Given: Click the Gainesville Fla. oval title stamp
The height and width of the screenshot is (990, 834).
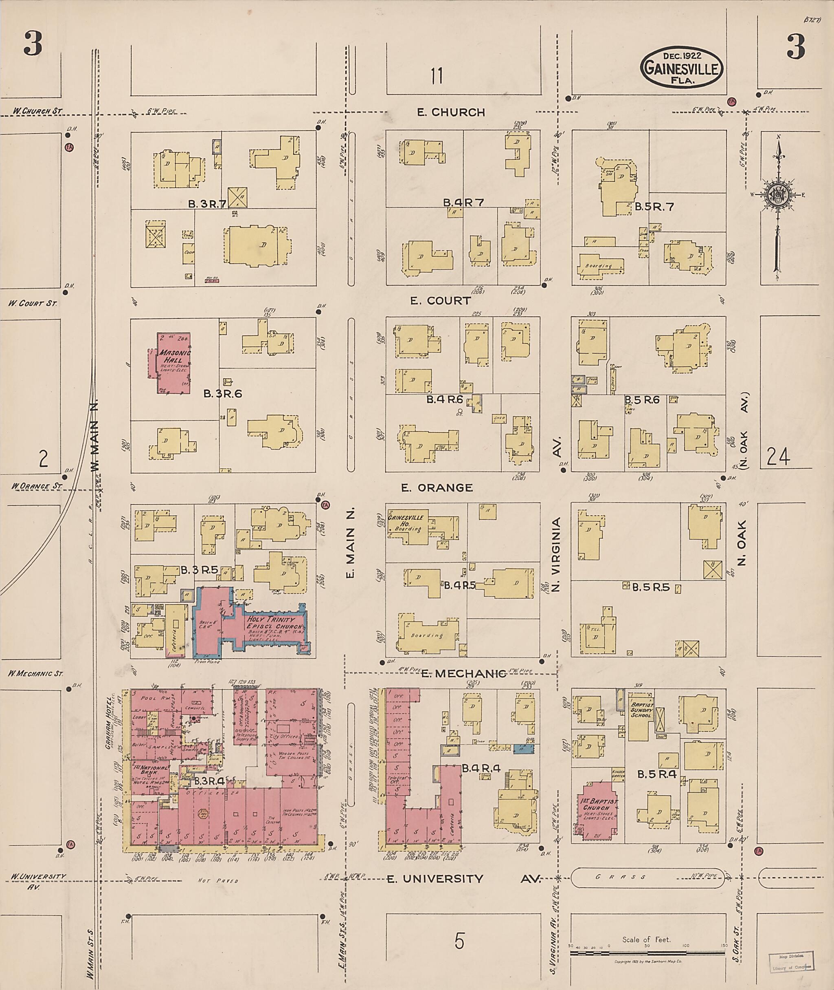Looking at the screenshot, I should pos(681,68).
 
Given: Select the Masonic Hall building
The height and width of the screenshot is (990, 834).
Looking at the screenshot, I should pos(173,362).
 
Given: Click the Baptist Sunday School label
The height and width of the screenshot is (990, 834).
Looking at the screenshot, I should pos(641,710).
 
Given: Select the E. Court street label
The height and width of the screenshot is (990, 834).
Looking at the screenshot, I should pos(440,300).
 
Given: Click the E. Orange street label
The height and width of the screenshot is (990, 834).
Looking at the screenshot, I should pos(437,487).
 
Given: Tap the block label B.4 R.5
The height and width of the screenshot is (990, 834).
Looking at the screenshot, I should pos(459,585).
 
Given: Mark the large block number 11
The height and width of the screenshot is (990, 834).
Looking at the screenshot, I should pos(437,76).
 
